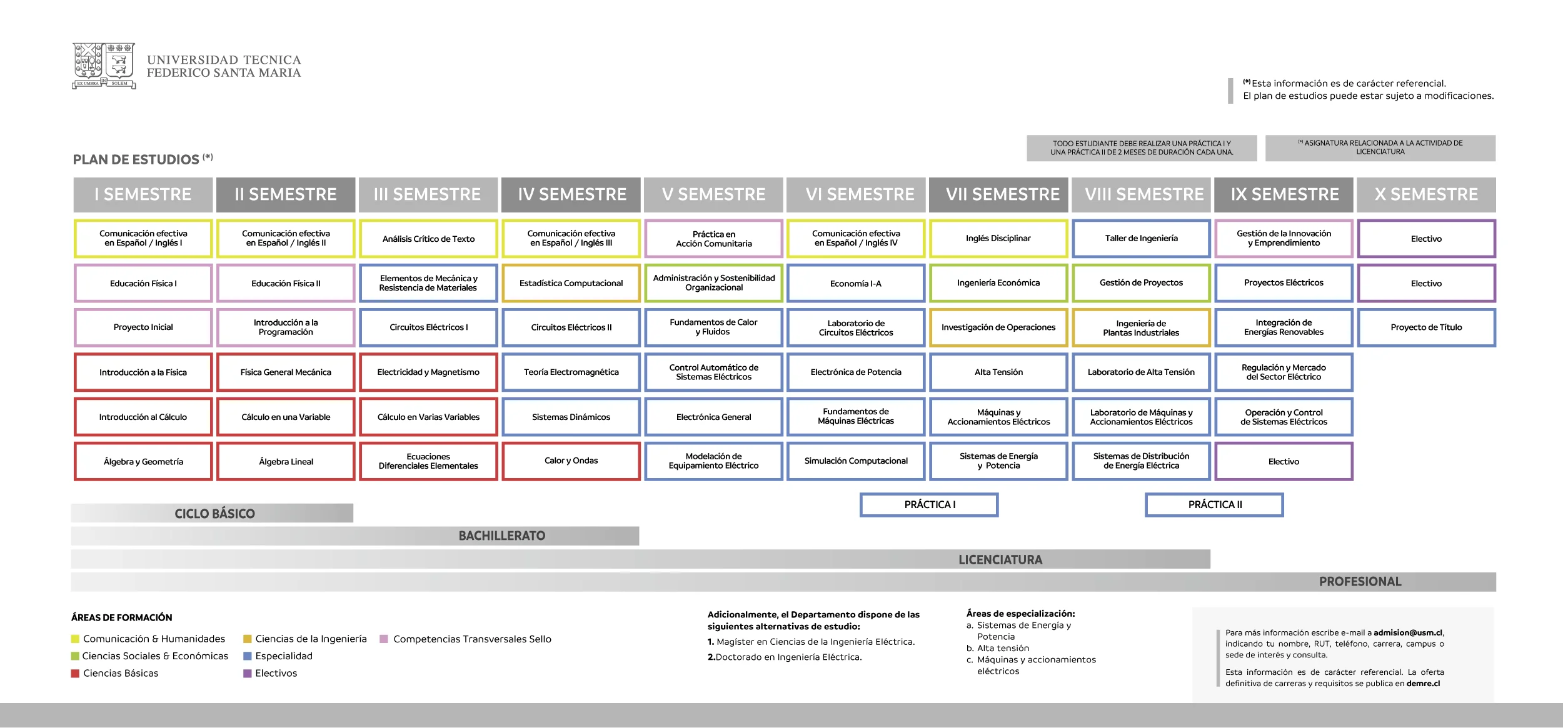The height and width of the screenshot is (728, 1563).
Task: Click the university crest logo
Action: pyautogui.click(x=104, y=66)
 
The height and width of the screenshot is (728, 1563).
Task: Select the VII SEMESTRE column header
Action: pyautogui.click(x=998, y=194)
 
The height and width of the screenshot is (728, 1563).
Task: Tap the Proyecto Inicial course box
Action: pyautogui.click(x=143, y=327)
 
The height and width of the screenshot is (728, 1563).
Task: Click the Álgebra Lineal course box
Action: pyautogui.click(x=286, y=461)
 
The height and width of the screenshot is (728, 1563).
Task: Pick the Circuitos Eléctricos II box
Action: pyautogui.click(x=571, y=327)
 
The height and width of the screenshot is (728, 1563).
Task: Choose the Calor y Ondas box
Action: pyautogui.click(x=571, y=461)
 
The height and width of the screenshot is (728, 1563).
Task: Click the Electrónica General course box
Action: pyautogui.click(x=714, y=417)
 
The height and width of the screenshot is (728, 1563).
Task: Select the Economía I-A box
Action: pyautogui.click(x=856, y=283)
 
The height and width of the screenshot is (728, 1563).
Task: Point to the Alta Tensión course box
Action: pyautogui.click(x=998, y=372)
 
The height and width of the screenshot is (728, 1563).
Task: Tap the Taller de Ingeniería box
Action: pyautogui.click(x=1141, y=238)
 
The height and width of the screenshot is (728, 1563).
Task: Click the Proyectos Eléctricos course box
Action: pyautogui.click(x=1284, y=283)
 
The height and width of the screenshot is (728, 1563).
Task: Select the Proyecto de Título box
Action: pyautogui.click(x=1426, y=327)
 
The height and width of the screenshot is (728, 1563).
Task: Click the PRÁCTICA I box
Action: pyautogui.click(x=929, y=505)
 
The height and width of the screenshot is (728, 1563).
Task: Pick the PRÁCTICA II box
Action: pyautogui.click(x=1214, y=505)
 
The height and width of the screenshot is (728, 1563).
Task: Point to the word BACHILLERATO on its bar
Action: pyautogui.click(x=502, y=536)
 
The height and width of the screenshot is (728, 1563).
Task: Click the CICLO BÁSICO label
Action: pyautogui.click(x=214, y=514)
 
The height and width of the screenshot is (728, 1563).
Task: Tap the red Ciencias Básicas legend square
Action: pyautogui.click(x=75, y=674)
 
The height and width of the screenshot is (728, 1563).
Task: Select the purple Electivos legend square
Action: pyautogui.click(x=247, y=674)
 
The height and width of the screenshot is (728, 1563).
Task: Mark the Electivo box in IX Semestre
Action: pyautogui.click(x=1284, y=461)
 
